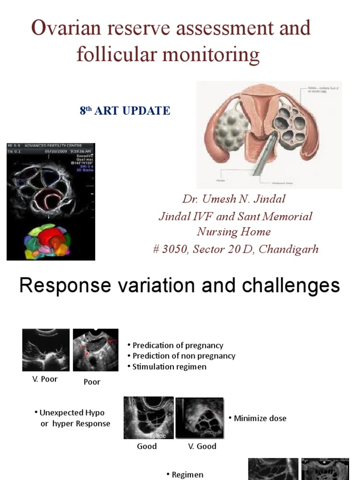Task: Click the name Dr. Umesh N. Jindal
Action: click(x=233, y=199)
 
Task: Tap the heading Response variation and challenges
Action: click(x=180, y=285)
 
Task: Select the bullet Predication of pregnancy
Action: click(x=178, y=345)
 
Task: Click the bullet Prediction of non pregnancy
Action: click(x=184, y=356)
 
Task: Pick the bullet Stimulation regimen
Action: click(x=169, y=367)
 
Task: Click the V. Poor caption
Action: click(x=45, y=379)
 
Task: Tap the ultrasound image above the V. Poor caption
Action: click(x=46, y=350)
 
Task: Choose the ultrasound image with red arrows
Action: click(x=96, y=350)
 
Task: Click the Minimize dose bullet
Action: click(x=260, y=418)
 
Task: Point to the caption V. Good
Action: click(x=202, y=446)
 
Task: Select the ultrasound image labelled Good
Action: click(x=148, y=418)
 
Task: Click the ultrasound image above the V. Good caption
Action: click(x=199, y=418)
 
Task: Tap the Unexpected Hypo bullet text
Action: click(x=72, y=413)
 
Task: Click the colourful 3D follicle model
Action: click(x=48, y=241)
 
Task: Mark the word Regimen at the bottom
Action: click(x=187, y=474)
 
